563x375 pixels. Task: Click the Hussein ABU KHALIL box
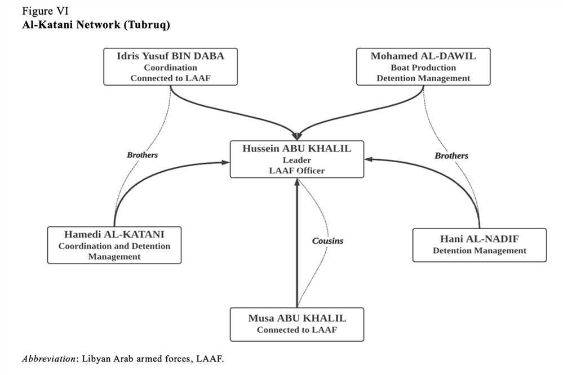tap(296, 159)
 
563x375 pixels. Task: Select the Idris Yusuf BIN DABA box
tap(170, 66)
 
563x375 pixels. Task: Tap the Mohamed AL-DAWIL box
tap(423, 66)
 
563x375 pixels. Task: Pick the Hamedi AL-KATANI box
tap(114, 245)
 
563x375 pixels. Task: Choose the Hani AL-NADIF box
tap(479, 245)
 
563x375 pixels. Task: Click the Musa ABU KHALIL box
tap(296, 324)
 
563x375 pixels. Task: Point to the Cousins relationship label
tap(327, 240)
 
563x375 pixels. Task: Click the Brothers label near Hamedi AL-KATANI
tap(142, 155)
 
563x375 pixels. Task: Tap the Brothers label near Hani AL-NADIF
tap(451, 155)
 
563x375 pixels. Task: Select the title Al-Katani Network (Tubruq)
tap(96, 25)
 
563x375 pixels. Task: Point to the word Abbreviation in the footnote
tap(48, 359)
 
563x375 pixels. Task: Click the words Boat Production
tap(423, 67)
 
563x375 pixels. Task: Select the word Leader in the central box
tap(296, 159)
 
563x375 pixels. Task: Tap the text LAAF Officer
tap(296, 170)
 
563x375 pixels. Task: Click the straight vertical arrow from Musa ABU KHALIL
tap(296, 248)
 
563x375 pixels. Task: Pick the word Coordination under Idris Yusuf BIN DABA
tap(170, 67)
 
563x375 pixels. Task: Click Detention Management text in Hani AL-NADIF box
tap(479, 251)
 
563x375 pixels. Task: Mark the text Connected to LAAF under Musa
tap(296, 330)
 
